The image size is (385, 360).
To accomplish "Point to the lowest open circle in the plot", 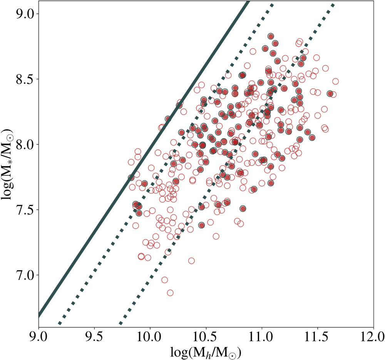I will tap(170, 293).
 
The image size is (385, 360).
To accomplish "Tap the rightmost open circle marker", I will tap(335, 81).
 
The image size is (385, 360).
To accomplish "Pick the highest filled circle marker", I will tap(271, 36).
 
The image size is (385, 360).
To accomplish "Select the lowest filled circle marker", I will tap(201, 225).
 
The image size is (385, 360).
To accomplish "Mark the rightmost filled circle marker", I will tap(330, 94).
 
